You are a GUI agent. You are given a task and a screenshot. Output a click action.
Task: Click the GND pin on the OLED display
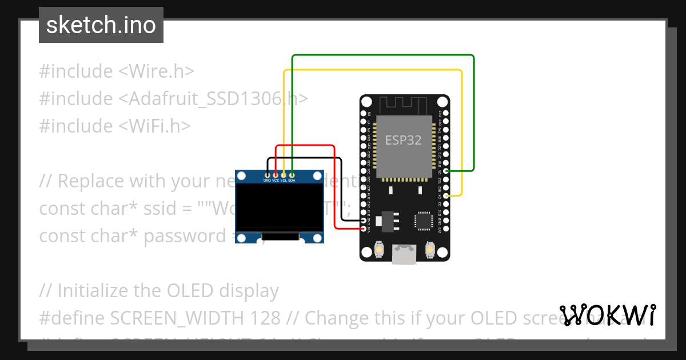(x=267, y=174)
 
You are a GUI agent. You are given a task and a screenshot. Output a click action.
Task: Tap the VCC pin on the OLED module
(x=276, y=174)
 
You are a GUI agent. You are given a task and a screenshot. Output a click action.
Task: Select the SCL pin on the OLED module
(x=284, y=174)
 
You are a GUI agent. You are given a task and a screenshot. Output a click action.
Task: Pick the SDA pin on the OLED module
(x=292, y=174)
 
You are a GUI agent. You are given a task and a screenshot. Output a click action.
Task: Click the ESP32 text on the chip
(x=403, y=140)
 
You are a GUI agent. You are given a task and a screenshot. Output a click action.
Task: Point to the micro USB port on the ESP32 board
(x=404, y=255)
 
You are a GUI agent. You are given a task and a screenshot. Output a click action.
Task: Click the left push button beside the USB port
(x=378, y=250)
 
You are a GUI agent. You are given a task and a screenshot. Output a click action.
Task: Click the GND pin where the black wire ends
(x=365, y=220)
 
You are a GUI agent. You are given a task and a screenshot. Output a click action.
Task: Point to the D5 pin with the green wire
(x=445, y=171)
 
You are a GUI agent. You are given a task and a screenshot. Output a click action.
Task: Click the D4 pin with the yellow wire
(x=445, y=196)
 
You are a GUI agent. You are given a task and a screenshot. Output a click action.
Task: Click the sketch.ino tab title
(x=101, y=25)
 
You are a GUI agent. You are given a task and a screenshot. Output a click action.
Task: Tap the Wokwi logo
(x=608, y=315)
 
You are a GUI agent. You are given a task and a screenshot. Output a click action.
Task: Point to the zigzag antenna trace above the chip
(x=404, y=105)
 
